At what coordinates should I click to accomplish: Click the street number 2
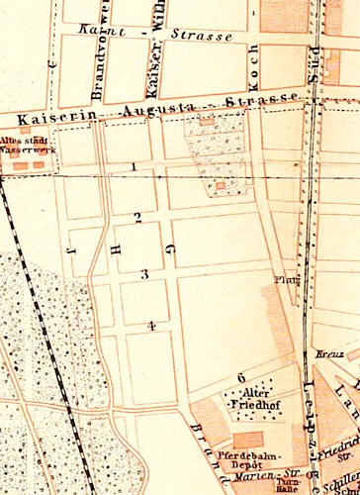[x=138, y=217]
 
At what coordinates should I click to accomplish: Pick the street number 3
[x=143, y=273]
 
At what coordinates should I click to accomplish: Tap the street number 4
[x=151, y=325]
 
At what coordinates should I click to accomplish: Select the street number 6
[x=241, y=378]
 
